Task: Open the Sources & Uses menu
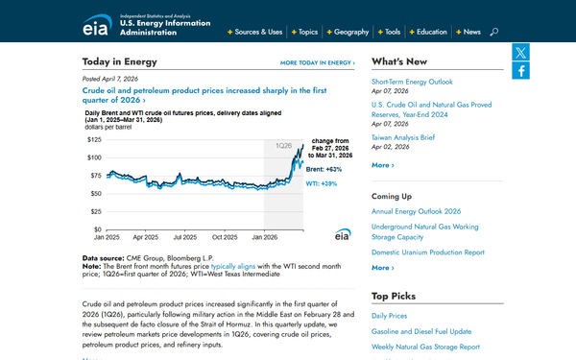coord(257,32)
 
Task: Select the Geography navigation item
coord(350,32)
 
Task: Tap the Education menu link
coord(431,32)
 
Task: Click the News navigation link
coord(470,32)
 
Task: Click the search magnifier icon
coord(494,32)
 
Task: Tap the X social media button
coord(520,53)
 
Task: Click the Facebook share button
coord(520,71)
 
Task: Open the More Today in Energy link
coord(316,62)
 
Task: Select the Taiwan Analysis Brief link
coord(403,137)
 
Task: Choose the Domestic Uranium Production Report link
coord(427,252)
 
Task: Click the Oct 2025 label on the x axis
coord(224,236)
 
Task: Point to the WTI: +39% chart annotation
coord(324,183)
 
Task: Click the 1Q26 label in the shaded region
coord(285,145)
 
